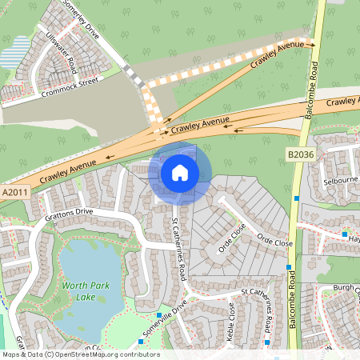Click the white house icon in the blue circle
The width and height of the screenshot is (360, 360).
pos(179,172)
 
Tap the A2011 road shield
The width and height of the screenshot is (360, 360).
pos(15,193)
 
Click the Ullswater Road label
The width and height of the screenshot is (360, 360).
pos(61,52)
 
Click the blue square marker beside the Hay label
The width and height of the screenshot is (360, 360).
pos(345,234)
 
